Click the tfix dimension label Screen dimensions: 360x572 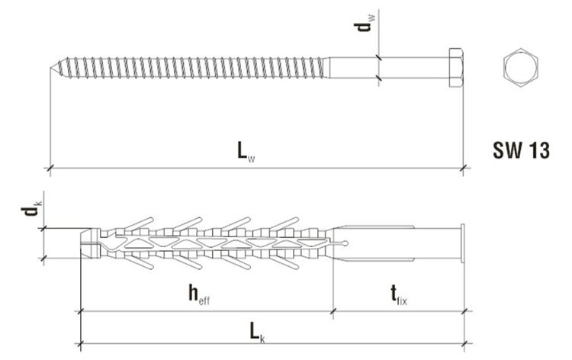[397, 293]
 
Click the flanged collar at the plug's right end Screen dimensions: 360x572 [462, 243]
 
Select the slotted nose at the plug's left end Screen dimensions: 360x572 [88, 243]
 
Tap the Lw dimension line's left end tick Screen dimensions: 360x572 [50, 166]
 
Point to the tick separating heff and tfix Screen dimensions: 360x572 [334, 310]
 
